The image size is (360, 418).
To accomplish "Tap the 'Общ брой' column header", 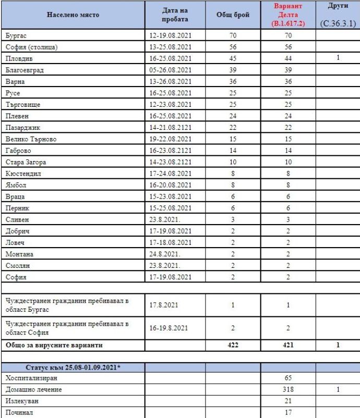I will point(233,15).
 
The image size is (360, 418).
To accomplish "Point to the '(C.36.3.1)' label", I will point(338,23).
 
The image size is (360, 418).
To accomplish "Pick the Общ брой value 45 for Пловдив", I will point(233,58).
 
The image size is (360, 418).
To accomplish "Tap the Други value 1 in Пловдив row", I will point(338,58).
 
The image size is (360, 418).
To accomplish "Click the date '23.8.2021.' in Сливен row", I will point(165,219).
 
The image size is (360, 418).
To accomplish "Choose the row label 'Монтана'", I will point(19,254).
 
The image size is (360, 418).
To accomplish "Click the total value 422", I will point(233,345).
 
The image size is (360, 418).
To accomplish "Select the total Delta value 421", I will point(288,345).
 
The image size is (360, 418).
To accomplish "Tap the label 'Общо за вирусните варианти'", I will point(54,345).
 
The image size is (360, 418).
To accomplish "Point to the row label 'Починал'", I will point(19,413).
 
